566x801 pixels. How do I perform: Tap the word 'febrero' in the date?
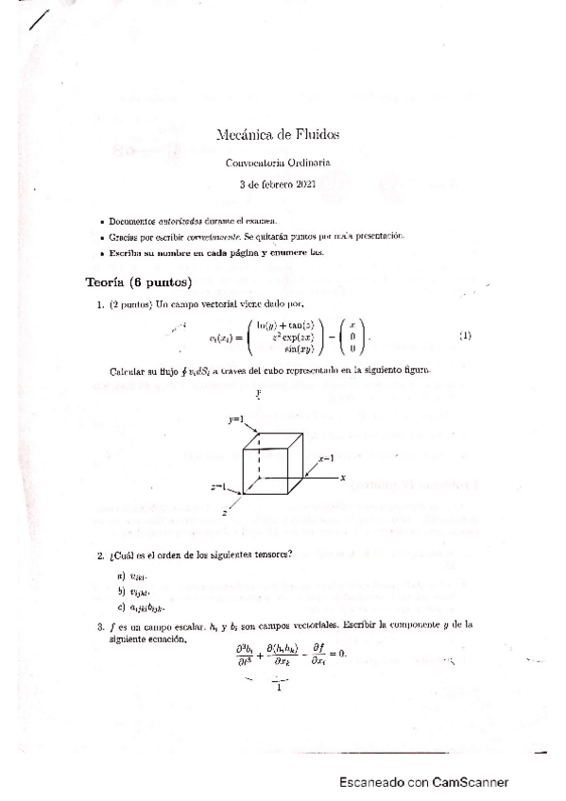click(x=272, y=183)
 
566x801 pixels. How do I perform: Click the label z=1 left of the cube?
click(x=220, y=486)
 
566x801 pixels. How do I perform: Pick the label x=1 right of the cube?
click(x=327, y=457)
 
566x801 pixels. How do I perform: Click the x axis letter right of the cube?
click(x=343, y=478)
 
